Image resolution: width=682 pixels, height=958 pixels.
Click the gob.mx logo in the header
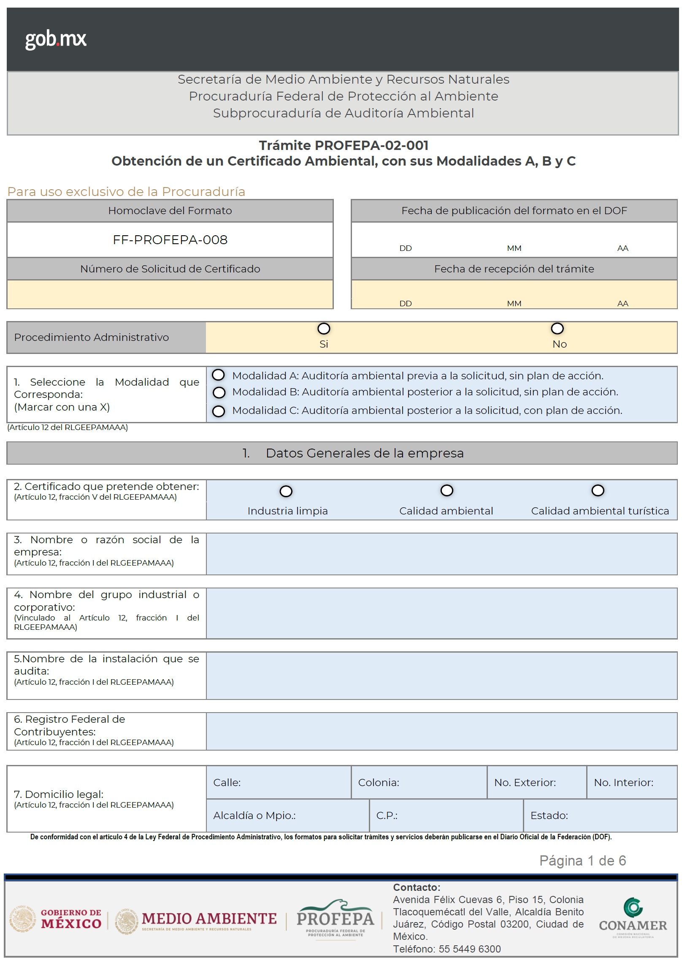pyautogui.click(x=56, y=39)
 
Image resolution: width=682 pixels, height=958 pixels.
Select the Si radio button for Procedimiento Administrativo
pyautogui.click(x=324, y=329)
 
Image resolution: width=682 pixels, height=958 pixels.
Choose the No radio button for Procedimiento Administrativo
pyautogui.click(x=557, y=328)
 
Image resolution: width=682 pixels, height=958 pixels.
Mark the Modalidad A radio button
pyautogui.click(x=218, y=375)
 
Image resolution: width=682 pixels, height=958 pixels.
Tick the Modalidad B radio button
pyautogui.click(x=219, y=392)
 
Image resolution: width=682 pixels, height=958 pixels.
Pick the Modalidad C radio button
pyautogui.click(x=219, y=411)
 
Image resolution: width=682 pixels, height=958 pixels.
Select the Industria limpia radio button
pyautogui.click(x=286, y=491)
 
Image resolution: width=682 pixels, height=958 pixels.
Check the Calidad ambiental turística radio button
pyautogui.click(x=598, y=490)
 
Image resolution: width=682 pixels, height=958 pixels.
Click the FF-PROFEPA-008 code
pyautogui.click(x=170, y=240)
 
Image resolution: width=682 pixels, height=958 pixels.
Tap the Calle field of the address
pyautogui.click(x=279, y=782)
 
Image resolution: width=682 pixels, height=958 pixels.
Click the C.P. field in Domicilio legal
pyautogui.click(x=446, y=815)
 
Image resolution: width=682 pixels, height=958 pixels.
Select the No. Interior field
pyautogui.click(x=631, y=782)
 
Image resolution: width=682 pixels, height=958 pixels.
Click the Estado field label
pyautogui.click(x=549, y=815)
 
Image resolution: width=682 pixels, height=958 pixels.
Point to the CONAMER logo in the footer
pyautogui.click(x=633, y=917)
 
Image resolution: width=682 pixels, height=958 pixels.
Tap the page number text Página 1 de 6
pyautogui.click(x=582, y=860)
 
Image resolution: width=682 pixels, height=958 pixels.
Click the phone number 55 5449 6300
pyautogui.click(x=470, y=949)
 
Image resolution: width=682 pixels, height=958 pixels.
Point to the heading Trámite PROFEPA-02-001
pyautogui.click(x=344, y=145)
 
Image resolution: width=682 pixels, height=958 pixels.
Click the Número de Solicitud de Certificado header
pyautogui.click(x=170, y=269)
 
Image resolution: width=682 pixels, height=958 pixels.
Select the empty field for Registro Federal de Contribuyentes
pyautogui.click(x=441, y=731)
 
